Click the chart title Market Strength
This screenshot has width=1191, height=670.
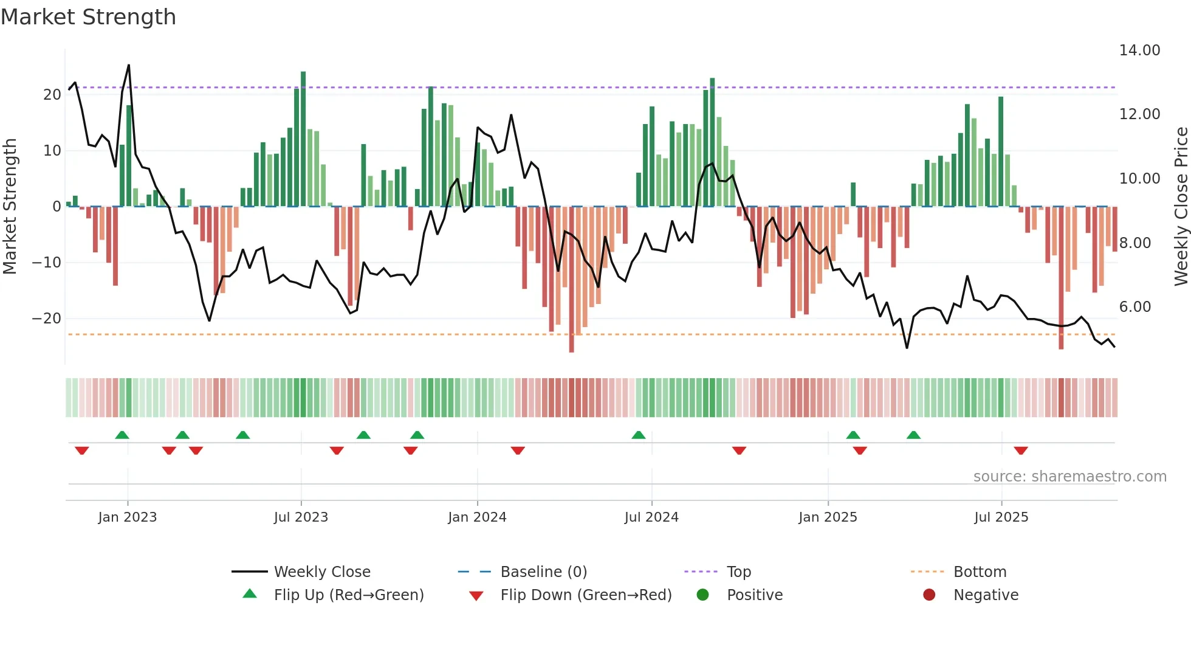tap(88, 17)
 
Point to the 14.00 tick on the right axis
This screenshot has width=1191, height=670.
tap(1139, 50)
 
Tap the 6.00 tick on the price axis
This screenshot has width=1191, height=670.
tap(1134, 307)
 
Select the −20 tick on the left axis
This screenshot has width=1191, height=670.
tap(47, 319)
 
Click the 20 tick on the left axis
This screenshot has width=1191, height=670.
tap(52, 95)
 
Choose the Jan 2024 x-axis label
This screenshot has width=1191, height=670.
tap(477, 517)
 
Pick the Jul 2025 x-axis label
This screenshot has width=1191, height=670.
tap(1001, 517)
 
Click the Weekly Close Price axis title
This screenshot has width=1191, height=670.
tap(1181, 207)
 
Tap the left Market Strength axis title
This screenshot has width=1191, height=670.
tap(10, 207)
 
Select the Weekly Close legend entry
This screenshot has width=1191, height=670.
tap(321, 572)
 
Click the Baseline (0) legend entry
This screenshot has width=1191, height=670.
tap(543, 572)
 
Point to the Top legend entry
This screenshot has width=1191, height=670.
tap(738, 572)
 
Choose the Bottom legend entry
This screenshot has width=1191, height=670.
tap(980, 572)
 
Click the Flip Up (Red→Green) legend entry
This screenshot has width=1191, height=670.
tap(348, 595)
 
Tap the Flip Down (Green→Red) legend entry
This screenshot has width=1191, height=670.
tap(586, 595)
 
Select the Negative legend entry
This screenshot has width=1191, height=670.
tap(985, 595)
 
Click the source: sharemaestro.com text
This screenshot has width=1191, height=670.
tap(1069, 477)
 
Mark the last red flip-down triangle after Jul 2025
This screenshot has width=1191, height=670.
tap(1021, 451)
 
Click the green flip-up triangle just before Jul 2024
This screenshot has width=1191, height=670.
tap(638, 435)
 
